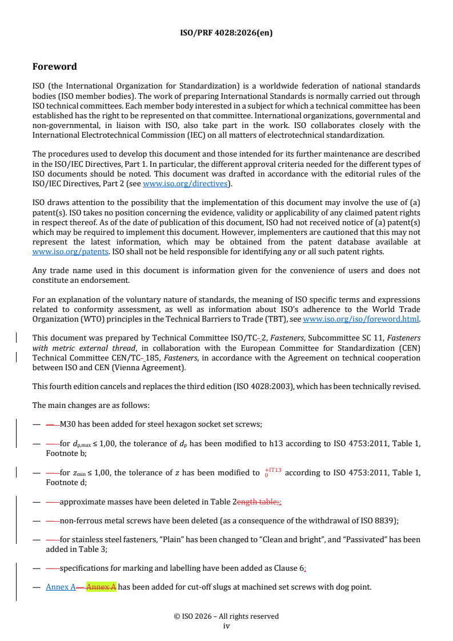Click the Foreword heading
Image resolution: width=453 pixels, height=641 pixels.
pyautogui.click(x=54, y=67)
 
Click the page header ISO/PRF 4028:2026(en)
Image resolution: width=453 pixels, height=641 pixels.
pyautogui.click(x=226, y=33)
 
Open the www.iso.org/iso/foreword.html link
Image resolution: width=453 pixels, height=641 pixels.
pyautogui.click(x=361, y=319)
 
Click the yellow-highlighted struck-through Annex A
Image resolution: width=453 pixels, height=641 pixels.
pyautogui.click(x=101, y=587)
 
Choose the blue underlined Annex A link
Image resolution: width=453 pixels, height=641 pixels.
pyautogui.click(x=61, y=587)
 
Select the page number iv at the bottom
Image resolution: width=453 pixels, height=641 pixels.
pyautogui.click(x=226, y=626)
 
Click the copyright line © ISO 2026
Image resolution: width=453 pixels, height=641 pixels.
pyautogui.click(x=226, y=616)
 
